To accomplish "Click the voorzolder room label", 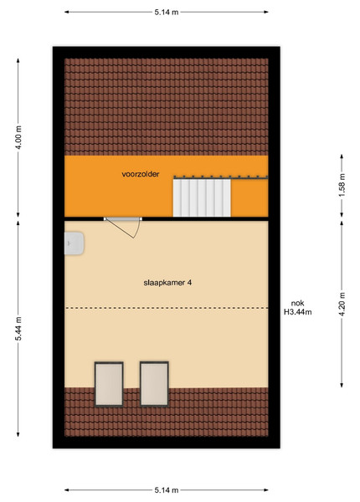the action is (141, 174).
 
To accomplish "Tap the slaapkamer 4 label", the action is (167, 283).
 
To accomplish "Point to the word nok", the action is (297, 303).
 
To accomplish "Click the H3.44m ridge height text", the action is (297, 312).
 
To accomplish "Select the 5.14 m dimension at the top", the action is (167, 13).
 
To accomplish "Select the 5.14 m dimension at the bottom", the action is (167, 489).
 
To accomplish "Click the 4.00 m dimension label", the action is (19, 138).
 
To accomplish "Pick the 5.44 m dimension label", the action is (19, 328).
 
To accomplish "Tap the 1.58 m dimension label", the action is (342, 185).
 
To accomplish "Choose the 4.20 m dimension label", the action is (342, 305).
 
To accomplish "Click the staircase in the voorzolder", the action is (202, 197).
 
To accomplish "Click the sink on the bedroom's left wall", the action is (74, 243).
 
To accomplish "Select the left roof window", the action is (109, 384).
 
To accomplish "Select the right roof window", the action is (154, 384).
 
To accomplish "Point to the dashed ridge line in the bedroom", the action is (167, 308).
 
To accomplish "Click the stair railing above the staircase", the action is (221, 177).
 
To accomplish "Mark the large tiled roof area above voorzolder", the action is (167, 107).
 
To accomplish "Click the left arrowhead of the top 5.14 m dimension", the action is (67, 13).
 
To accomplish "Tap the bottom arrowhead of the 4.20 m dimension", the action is (342, 385).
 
